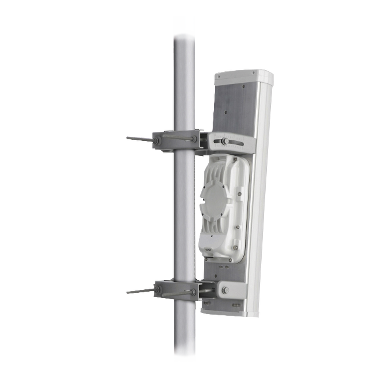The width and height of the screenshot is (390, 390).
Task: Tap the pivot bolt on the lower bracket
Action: [x=226, y=289]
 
